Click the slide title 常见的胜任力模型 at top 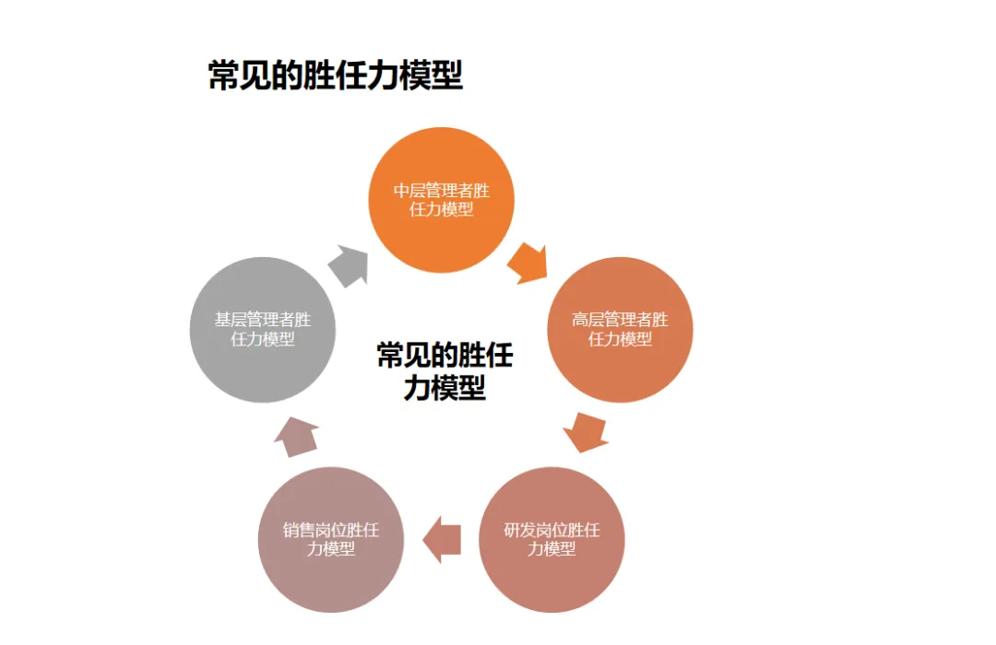click(x=335, y=76)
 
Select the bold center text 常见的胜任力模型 click(x=445, y=371)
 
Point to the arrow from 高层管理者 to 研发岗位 click(x=585, y=432)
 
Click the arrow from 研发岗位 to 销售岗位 click(x=442, y=539)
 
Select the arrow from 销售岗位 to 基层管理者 click(x=296, y=436)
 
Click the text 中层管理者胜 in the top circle click(x=442, y=191)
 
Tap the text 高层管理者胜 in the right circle click(x=620, y=320)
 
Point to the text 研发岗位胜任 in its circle click(x=551, y=531)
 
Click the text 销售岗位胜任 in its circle click(x=331, y=531)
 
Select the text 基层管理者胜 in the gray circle click(x=263, y=320)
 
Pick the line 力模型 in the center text click(x=445, y=388)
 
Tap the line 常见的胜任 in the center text click(x=445, y=356)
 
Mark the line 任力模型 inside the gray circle click(x=263, y=339)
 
